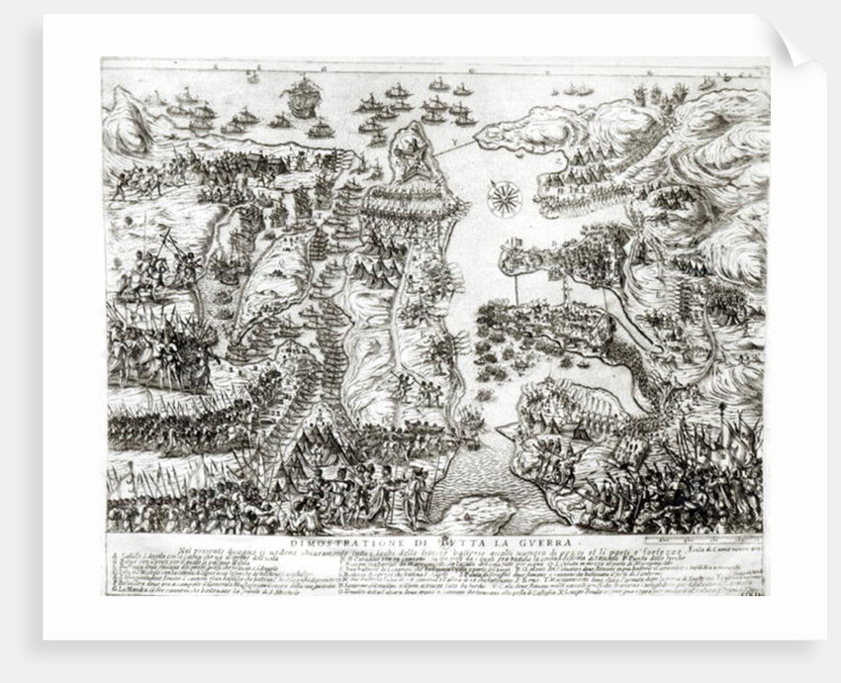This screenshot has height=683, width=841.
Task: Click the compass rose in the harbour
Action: click(x=506, y=199)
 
